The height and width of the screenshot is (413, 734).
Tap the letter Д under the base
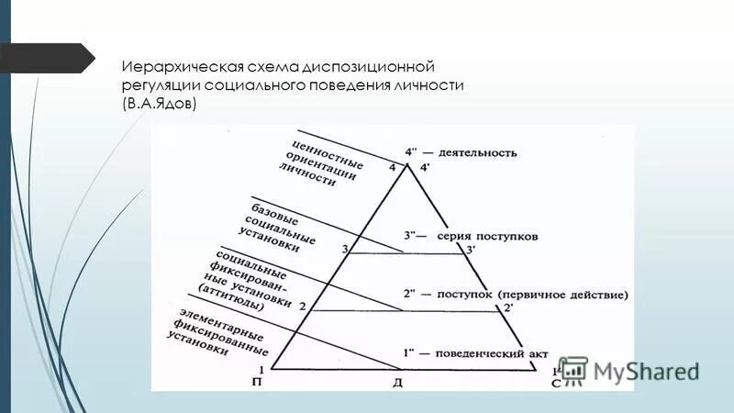pos(398,379)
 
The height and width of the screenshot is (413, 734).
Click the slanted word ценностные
pos(327,151)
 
